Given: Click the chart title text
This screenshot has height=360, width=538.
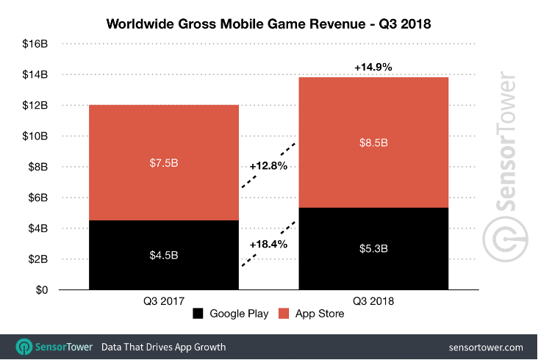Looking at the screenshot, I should tap(268, 23).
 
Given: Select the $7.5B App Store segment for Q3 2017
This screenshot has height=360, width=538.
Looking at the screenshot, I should tap(164, 162).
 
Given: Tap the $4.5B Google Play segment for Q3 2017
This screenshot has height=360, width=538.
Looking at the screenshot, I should tap(164, 255).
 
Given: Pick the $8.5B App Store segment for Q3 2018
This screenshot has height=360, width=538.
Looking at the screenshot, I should tap(373, 143).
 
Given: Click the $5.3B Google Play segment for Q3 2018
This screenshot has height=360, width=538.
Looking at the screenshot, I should tap(373, 249).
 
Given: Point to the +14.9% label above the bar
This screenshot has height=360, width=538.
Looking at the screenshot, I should tap(373, 67).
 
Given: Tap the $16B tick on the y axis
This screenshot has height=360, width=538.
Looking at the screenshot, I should tap(35, 44).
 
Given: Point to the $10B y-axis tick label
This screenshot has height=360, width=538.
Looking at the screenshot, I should tap(35, 136).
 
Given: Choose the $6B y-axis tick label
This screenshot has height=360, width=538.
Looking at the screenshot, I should tap(37, 198).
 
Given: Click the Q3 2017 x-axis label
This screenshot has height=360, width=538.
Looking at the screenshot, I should tap(164, 300).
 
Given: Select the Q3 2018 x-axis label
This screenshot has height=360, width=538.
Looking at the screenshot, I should tap(373, 300).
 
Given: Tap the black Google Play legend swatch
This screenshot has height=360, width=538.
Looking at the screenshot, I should tap(198, 314).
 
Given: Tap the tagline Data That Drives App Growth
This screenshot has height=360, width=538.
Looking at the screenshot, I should tap(163, 347).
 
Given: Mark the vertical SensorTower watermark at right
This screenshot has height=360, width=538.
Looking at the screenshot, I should tap(506, 165).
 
